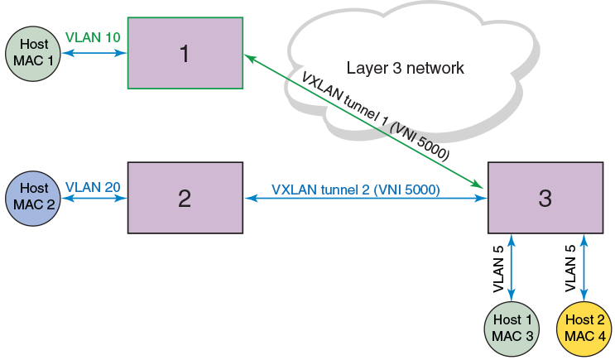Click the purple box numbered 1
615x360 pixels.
(x=185, y=53)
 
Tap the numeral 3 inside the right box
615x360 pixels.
(x=545, y=198)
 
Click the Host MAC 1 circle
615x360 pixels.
(x=32, y=55)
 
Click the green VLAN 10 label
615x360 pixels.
(x=92, y=38)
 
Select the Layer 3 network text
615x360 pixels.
(x=406, y=67)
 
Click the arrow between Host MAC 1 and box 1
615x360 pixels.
(x=93, y=54)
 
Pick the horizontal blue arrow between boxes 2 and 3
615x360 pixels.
(x=364, y=199)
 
